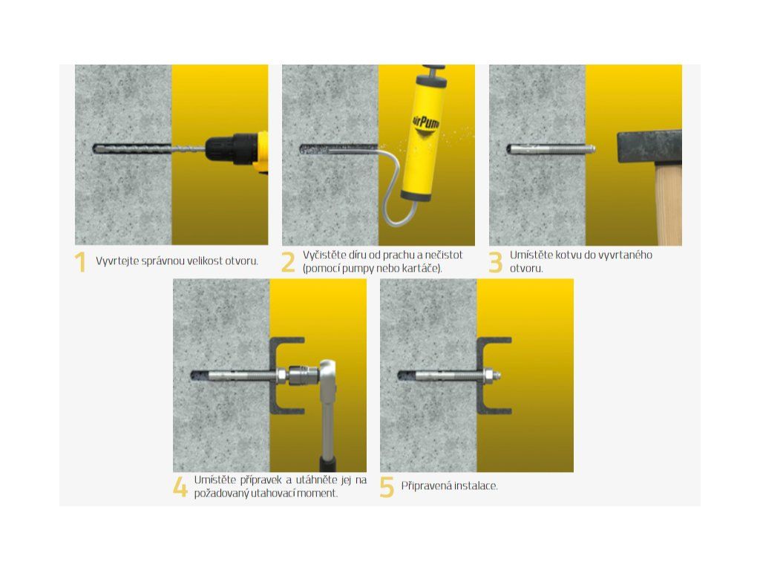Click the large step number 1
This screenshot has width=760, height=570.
tap(80, 262)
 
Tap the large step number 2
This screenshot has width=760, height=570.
tap(288, 262)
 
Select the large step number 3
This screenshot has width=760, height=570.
tap(495, 262)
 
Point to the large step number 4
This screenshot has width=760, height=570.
tap(180, 487)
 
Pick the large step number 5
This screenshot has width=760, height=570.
tap(387, 487)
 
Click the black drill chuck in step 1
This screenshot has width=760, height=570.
tap(231, 148)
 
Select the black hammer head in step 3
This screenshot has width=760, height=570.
tap(649, 146)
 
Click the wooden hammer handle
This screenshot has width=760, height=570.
tap(669, 203)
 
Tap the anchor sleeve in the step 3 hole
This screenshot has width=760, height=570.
tap(551, 149)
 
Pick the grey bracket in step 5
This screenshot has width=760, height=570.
tap(481, 376)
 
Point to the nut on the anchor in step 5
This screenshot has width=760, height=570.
tap(488, 375)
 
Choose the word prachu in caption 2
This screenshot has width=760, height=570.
tap(399, 255)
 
